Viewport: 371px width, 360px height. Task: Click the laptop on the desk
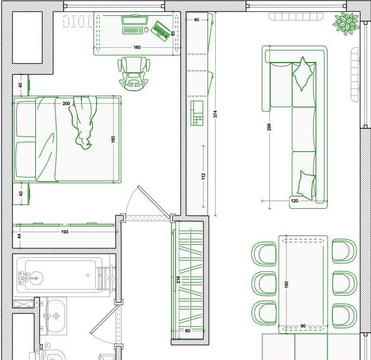tap(161, 31)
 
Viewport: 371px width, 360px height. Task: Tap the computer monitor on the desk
tap(135, 20)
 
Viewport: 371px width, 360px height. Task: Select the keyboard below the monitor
tap(133, 30)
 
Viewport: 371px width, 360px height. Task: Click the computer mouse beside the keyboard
tap(146, 30)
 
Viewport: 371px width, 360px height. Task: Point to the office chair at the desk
tap(134, 73)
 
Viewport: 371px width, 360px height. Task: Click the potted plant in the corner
tap(346, 23)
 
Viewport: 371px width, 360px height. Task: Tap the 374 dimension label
tap(215, 114)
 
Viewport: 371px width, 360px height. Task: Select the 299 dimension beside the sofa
tap(269, 127)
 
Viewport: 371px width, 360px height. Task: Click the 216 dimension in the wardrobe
tap(178, 280)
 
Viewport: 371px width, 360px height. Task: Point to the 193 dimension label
tap(65, 232)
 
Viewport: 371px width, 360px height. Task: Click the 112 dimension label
tap(203, 176)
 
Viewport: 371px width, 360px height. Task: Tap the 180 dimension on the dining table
tap(286, 284)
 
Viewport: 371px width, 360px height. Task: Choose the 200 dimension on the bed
tap(66, 103)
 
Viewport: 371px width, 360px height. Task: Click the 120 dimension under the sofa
tap(294, 201)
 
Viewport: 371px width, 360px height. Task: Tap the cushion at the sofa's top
tap(303, 73)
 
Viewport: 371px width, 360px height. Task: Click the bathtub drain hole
tap(88, 275)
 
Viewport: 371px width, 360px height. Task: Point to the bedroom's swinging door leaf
tap(154, 202)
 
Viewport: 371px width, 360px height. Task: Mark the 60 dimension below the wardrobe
tap(187, 331)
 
